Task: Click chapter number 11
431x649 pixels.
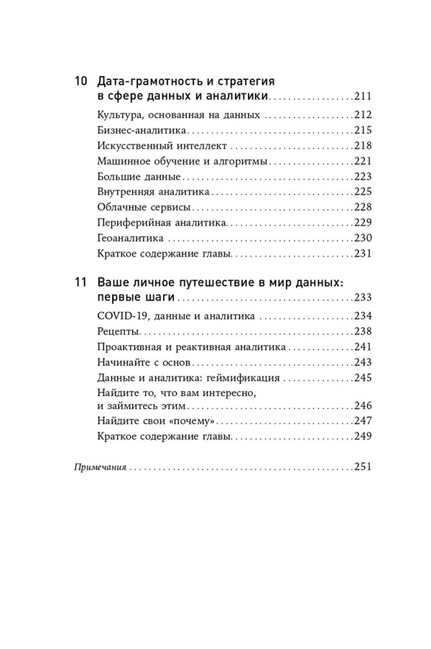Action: coord(80,282)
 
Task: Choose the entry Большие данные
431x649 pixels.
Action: coord(128,176)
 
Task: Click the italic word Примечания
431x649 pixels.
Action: coord(101,467)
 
